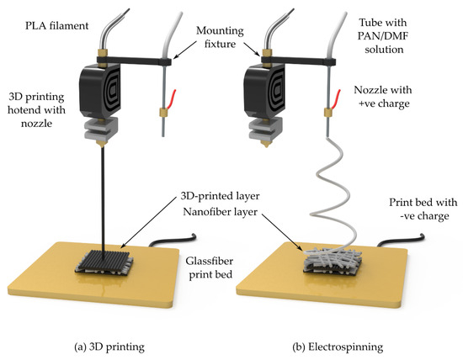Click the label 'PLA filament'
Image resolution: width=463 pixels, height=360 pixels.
coord(56,26)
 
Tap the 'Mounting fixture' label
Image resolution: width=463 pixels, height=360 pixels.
coord(220,37)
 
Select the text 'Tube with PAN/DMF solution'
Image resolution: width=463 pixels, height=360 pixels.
coord(383,35)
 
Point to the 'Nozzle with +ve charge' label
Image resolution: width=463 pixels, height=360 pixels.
coord(383,97)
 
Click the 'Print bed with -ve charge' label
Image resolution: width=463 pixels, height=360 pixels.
coord(423,209)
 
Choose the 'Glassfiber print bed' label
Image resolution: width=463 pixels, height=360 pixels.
coord(210,267)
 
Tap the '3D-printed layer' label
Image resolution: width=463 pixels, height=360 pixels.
coord(220,196)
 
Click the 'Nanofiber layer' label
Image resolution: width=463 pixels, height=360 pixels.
coord(220,212)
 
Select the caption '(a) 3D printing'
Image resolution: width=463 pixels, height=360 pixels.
coord(109,347)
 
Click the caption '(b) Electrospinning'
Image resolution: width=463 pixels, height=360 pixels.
coord(338,347)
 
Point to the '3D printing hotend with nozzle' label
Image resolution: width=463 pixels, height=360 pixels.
coord(36,110)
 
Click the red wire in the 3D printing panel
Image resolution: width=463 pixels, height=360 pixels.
coord(172,99)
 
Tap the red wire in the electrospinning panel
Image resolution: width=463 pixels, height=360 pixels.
coord(336,99)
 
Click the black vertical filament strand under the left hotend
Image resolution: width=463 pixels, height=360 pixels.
coord(103,204)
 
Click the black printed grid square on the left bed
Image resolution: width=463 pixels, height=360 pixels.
coord(103,261)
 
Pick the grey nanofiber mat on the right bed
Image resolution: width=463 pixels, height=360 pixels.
coord(333,259)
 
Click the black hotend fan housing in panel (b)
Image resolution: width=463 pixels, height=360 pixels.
coord(264,90)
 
